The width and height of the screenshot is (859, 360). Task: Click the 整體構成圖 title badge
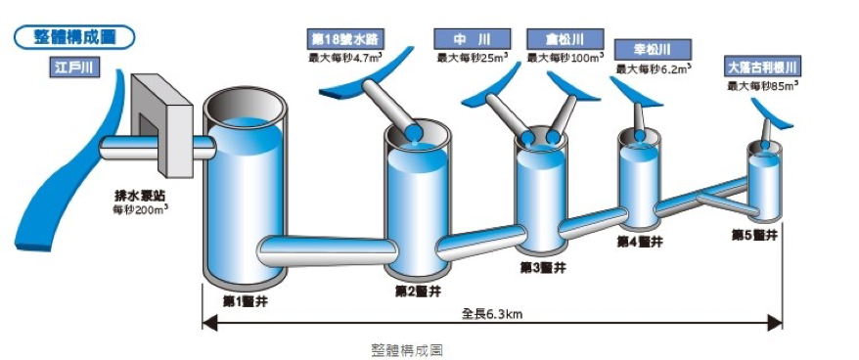(x=75, y=37)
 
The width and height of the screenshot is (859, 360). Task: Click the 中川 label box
(x=472, y=39)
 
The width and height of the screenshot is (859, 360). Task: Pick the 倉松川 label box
(x=565, y=39)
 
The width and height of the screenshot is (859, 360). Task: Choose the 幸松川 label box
(x=653, y=50)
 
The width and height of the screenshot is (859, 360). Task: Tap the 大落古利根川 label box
(x=761, y=67)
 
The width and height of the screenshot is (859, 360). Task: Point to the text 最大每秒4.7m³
(x=346, y=57)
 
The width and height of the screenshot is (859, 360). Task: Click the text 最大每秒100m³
(x=565, y=57)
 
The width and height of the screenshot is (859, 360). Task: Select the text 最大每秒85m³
(x=762, y=85)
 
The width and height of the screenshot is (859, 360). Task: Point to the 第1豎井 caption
(x=245, y=301)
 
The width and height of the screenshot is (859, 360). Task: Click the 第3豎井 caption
(x=543, y=267)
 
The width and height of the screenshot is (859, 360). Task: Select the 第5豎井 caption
(x=754, y=235)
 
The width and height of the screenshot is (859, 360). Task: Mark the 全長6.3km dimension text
(x=492, y=315)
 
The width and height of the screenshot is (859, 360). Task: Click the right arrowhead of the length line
(x=776, y=324)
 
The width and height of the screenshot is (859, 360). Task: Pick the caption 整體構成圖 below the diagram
(x=406, y=350)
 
